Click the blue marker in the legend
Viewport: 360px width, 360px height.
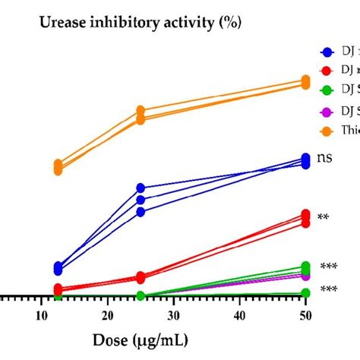pyautogui.click(x=327, y=52)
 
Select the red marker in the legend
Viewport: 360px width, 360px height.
pyautogui.click(x=327, y=71)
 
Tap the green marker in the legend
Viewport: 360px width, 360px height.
pyautogui.click(x=327, y=90)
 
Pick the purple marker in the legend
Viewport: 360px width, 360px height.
pyautogui.click(x=327, y=111)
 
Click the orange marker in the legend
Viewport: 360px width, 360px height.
pyautogui.click(x=327, y=131)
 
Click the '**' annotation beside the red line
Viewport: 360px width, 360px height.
pyautogui.click(x=324, y=218)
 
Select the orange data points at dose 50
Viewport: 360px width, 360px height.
pyautogui.click(x=305, y=81)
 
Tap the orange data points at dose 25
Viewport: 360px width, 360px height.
pyautogui.click(x=141, y=115)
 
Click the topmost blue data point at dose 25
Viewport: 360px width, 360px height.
pyautogui.click(x=141, y=188)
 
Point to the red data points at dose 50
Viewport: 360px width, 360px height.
pyautogui.click(x=305, y=217)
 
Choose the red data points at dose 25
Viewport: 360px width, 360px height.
pyautogui.click(x=141, y=277)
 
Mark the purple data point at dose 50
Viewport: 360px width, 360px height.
pyautogui.click(x=305, y=276)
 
